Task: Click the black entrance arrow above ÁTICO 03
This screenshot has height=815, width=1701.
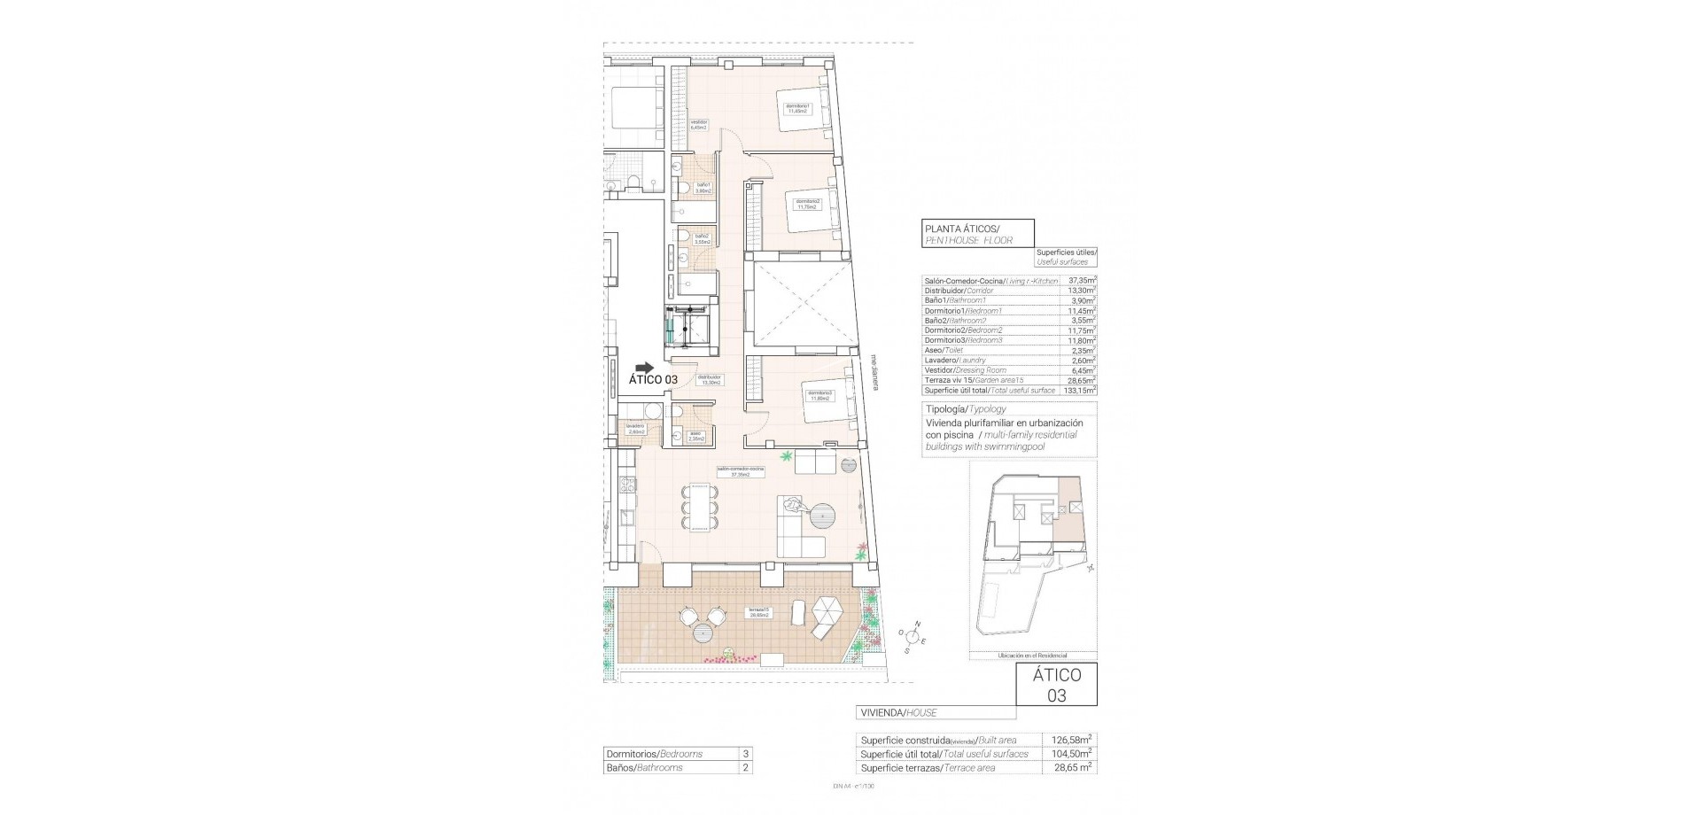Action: pyautogui.click(x=645, y=368)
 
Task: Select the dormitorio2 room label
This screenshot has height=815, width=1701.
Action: pyautogui.click(x=807, y=204)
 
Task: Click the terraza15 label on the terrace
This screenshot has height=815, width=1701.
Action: pyautogui.click(x=758, y=613)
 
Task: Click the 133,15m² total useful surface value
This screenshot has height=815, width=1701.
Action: pyautogui.click(x=1080, y=391)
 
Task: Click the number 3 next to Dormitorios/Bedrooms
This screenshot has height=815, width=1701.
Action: pyautogui.click(x=745, y=754)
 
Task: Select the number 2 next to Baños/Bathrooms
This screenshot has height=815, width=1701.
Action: pyautogui.click(x=745, y=768)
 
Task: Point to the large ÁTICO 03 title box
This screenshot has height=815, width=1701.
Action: pyautogui.click(x=1056, y=685)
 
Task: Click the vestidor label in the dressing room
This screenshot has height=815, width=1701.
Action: pyautogui.click(x=698, y=124)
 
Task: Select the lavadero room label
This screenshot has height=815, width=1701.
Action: pyautogui.click(x=634, y=428)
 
